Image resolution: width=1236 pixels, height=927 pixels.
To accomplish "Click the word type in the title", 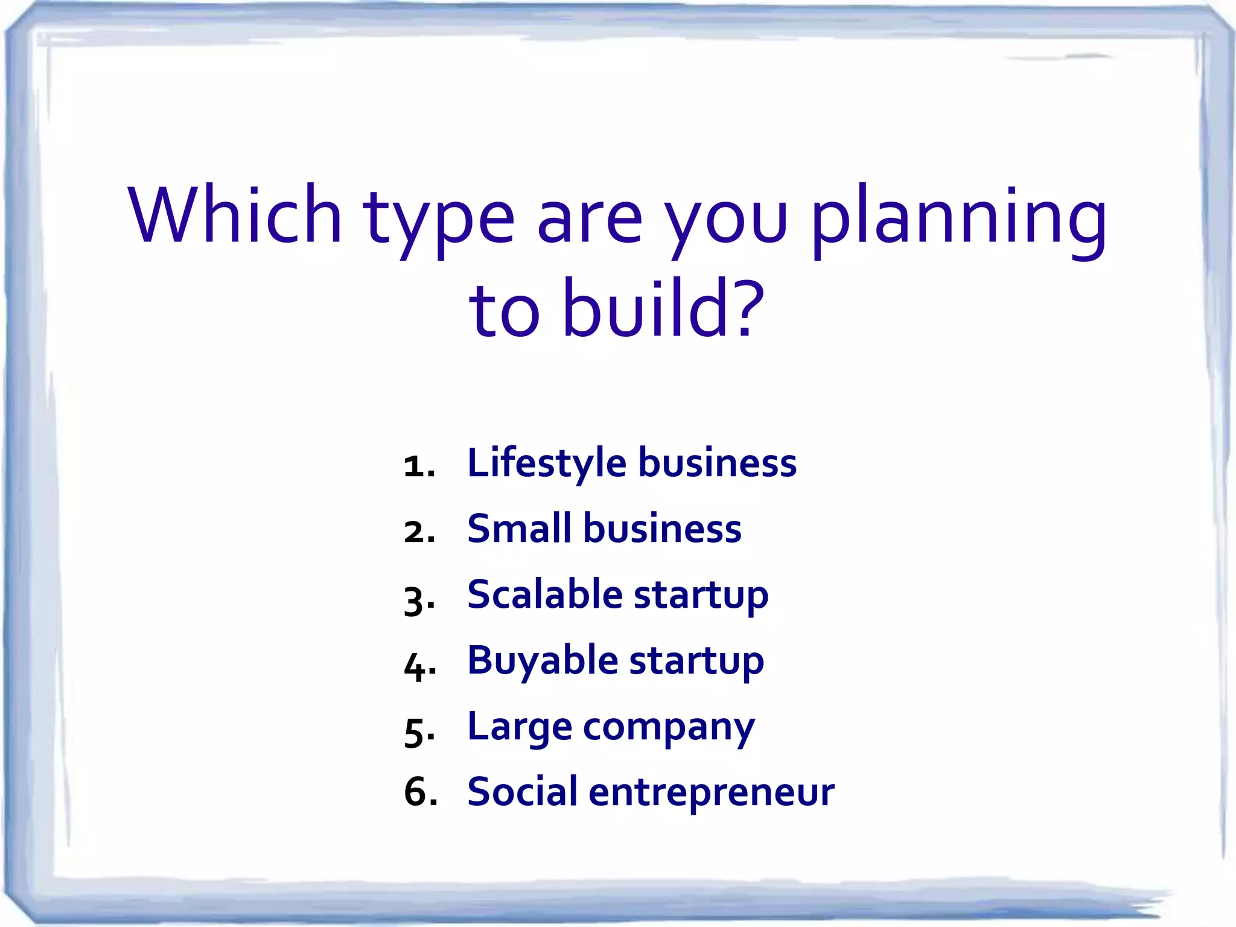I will point(438,220).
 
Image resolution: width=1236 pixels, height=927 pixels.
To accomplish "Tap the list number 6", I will point(419,791).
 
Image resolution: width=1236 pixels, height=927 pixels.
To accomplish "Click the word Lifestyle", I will point(547,463).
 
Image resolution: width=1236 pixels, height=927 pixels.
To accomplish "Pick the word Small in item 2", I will point(519,529).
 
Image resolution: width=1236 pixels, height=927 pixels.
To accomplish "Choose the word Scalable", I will point(544,594).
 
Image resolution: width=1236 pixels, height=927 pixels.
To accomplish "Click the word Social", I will point(522,791).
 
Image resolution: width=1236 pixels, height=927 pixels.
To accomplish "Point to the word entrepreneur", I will point(711,793).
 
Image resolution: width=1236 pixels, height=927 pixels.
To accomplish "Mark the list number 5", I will point(416,731).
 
